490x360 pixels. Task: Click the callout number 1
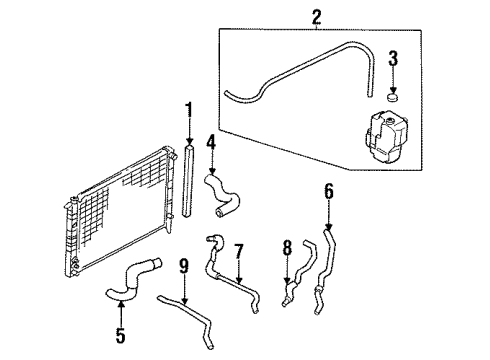point(187,109)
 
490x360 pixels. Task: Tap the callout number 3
point(393,57)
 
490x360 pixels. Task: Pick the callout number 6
point(328,191)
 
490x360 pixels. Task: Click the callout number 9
point(183,267)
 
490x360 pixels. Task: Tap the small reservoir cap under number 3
point(392,97)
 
